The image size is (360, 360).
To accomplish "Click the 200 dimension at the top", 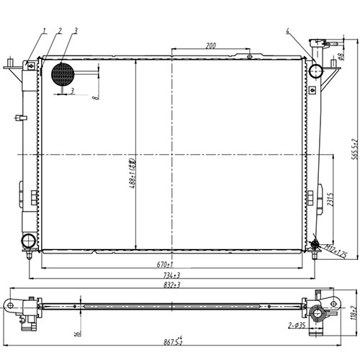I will point(210,45).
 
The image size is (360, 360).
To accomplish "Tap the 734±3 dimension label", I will point(171,274).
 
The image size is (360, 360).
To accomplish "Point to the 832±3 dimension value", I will point(171,285).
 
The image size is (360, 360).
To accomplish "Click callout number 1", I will point(43,30).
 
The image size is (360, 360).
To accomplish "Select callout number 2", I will point(60,30).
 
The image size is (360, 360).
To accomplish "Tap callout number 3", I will point(76,30).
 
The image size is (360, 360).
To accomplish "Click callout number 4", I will point(287,31).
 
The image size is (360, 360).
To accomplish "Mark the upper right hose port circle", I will point(315,71).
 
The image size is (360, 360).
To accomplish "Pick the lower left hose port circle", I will point(29,240).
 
